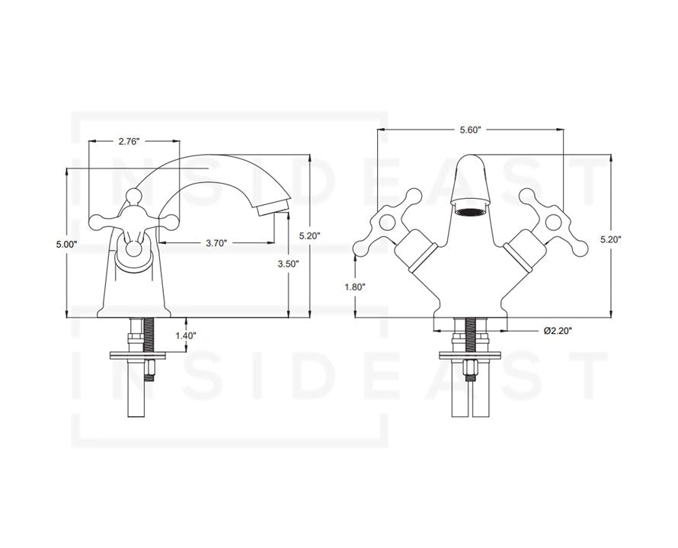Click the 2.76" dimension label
(x=129, y=141)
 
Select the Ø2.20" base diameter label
(x=558, y=331)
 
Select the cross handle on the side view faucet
(x=134, y=222)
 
